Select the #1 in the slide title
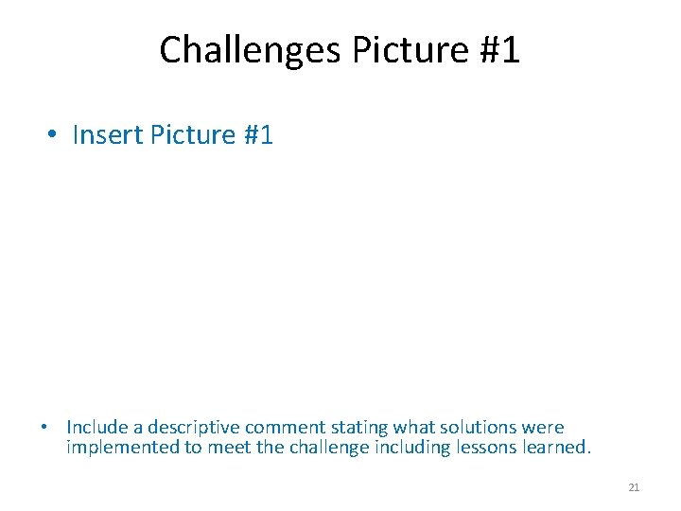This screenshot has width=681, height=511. (498, 50)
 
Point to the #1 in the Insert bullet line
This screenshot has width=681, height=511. (258, 135)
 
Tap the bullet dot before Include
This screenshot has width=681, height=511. (44, 428)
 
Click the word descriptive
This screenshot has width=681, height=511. (192, 428)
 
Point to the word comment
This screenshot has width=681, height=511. (283, 428)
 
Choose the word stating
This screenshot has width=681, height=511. (357, 428)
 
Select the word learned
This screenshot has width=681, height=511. (556, 447)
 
